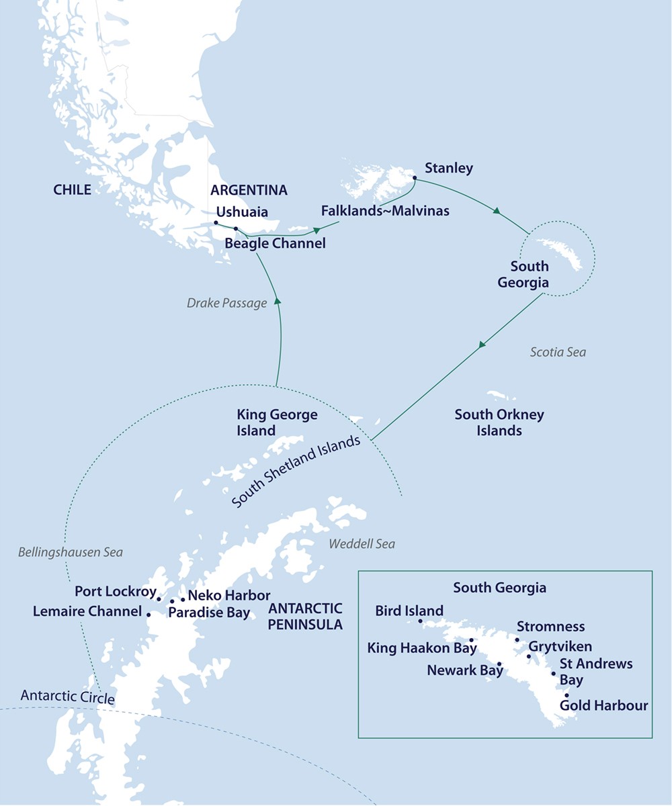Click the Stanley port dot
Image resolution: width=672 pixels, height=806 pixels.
pyautogui.click(x=414, y=179)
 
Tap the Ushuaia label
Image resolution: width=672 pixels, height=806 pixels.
pyautogui.click(x=242, y=212)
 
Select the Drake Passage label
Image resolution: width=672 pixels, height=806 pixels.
pyautogui.click(x=226, y=303)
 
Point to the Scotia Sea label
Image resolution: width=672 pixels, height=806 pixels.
pyautogui.click(x=557, y=352)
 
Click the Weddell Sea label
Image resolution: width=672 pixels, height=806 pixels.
pyautogui.click(x=362, y=544)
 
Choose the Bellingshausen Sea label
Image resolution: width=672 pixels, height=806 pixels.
pyautogui.click(x=70, y=552)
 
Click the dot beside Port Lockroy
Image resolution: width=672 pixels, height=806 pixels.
pyautogui.click(x=159, y=598)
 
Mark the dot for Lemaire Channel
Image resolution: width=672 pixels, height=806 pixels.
pyautogui.click(x=148, y=614)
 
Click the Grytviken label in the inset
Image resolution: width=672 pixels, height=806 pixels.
pyautogui.click(x=560, y=647)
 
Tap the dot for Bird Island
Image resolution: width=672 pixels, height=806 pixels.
pyautogui.click(x=420, y=621)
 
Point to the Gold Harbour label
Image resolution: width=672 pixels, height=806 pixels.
pyautogui.click(x=603, y=705)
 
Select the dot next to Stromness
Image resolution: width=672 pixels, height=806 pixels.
pyautogui.click(x=517, y=639)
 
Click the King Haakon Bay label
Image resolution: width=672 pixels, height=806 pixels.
pyautogui.click(x=421, y=648)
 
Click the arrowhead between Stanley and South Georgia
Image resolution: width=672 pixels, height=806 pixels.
pyautogui.click(x=497, y=211)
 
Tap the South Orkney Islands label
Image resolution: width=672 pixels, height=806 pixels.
pyautogui.click(x=499, y=422)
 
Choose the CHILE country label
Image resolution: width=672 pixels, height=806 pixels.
pyautogui.click(x=72, y=190)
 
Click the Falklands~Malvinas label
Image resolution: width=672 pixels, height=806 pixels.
pyautogui.click(x=385, y=211)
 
